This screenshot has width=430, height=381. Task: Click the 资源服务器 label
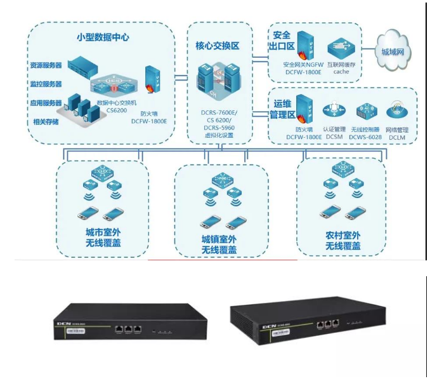click(46, 66)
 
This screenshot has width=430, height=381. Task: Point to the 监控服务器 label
click(46, 84)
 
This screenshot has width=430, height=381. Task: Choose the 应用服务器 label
click(46, 102)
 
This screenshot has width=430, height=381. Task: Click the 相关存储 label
click(44, 121)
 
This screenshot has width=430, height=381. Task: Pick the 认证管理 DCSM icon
click(333, 109)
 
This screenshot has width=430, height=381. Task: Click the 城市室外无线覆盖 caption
click(103, 236)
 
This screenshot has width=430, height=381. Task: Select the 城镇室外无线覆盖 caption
click(219, 244)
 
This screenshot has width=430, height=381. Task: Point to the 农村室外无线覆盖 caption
click(343, 240)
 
